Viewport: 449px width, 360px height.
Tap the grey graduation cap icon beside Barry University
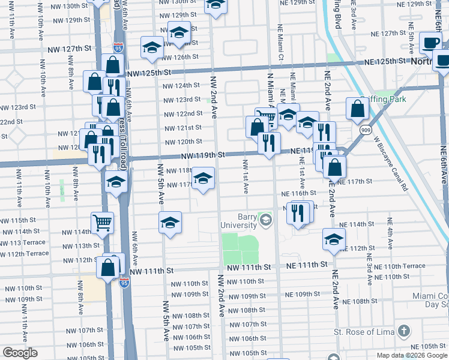pyautogui.click(x=265, y=221)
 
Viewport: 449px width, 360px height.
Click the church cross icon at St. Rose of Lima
pyautogui.click(x=404, y=331)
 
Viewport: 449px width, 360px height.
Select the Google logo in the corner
pyautogui.click(x=20, y=353)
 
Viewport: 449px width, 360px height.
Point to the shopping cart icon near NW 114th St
pyautogui.click(x=103, y=223)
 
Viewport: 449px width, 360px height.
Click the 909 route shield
pyautogui.click(x=365, y=130)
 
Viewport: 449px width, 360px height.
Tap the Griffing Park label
pyautogui.click(x=385, y=100)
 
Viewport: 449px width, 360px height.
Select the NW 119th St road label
pyautogui.click(x=203, y=154)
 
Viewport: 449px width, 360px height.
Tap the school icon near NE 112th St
pyautogui.click(x=333, y=239)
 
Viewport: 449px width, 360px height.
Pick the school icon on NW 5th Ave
pyautogui.click(x=170, y=223)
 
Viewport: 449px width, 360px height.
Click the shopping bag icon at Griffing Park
pyautogui.click(x=357, y=109)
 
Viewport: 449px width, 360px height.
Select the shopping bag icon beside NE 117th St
pyautogui.click(x=334, y=166)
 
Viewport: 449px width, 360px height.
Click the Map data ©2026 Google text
pyautogui.click(x=412, y=355)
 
